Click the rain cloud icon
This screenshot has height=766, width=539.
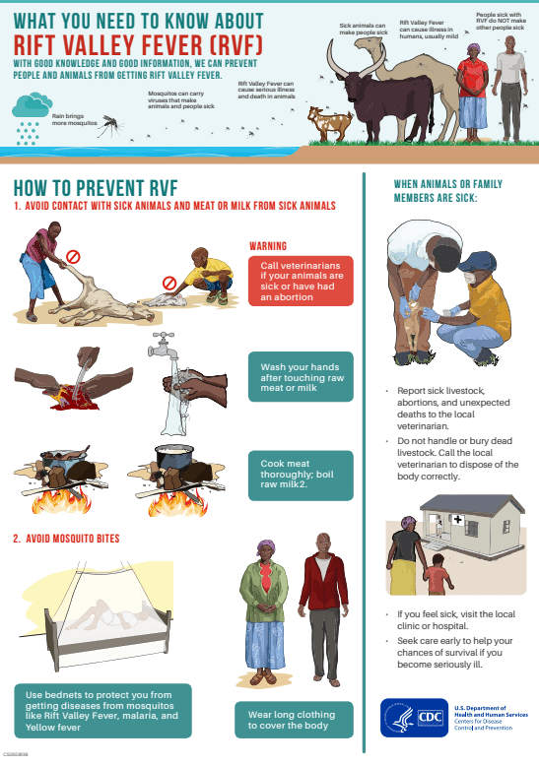point(32,105)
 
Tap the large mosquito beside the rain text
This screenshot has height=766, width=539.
point(111,126)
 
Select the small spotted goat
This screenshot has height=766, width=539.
point(330,124)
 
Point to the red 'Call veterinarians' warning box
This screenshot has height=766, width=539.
point(301,281)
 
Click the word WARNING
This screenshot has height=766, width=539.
point(268,246)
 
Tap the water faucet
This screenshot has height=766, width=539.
point(164,345)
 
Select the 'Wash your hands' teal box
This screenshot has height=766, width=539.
point(301,377)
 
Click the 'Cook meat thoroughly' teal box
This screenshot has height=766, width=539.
point(301,476)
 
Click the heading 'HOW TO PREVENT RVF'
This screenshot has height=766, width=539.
point(96,188)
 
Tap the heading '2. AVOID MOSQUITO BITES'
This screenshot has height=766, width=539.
point(67,539)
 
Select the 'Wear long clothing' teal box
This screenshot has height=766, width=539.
point(294,720)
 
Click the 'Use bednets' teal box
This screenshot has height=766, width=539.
point(102,711)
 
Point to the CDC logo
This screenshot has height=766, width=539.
point(414,718)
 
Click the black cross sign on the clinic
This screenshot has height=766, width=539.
point(458,519)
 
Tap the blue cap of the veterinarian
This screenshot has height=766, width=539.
point(477,261)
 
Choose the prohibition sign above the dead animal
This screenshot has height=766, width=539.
point(73,256)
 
